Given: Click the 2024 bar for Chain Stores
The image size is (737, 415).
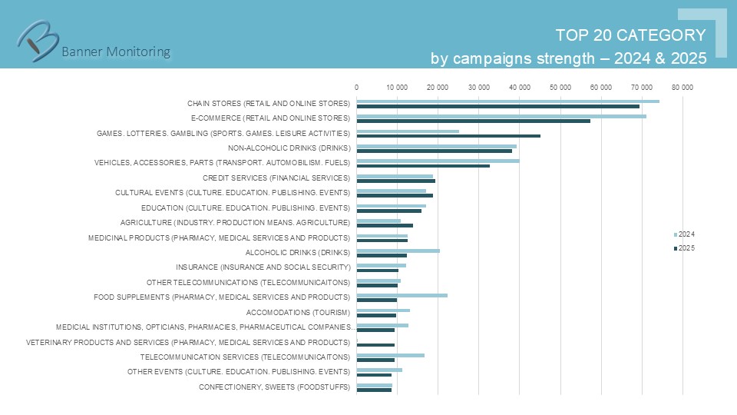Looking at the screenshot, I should click(x=507, y=101).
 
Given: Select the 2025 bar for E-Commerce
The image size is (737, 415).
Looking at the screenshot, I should click(x=473, y=121).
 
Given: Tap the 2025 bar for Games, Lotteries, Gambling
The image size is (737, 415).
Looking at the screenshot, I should click(x=448, y=136).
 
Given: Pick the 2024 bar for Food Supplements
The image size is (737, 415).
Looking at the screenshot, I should click(x=402, y=295).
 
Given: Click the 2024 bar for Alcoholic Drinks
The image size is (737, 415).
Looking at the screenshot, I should click(x=398, y=251).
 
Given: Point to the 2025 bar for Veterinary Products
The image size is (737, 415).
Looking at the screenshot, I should click(x=375, y=345).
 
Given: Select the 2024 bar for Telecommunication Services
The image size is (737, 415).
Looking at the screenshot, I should click(x=390, y=355).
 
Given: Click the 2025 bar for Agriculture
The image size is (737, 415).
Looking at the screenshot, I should click(x=385, y=225).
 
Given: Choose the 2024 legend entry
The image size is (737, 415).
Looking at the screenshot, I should click(x=686, y=234).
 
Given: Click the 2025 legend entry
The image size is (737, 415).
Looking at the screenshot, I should click(x=686, y=247).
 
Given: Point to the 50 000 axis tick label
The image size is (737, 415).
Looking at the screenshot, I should click(x=560, y=88).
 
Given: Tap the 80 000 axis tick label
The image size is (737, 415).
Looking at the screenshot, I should click(x=682, y=88).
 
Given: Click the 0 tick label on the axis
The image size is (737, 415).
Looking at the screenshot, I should click(x=356, y=88).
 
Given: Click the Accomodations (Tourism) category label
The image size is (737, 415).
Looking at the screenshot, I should click(x=298, y=312).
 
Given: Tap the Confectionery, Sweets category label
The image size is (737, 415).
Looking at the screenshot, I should click(x=274, y=387).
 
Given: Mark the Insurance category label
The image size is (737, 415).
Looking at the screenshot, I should click(x=263, y=267).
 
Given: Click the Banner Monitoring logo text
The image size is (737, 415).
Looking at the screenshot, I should click(x=115, y=51).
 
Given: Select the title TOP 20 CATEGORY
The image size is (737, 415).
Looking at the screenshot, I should click(x=630, y=35).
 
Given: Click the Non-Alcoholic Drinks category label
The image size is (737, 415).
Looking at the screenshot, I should click(x=289, y=148).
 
